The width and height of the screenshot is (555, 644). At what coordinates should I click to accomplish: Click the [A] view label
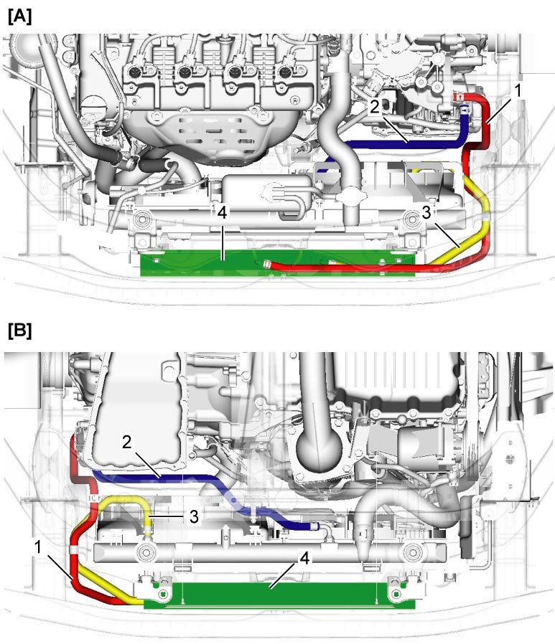point(19,16)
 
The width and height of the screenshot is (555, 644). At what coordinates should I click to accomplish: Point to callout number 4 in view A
point(223,212)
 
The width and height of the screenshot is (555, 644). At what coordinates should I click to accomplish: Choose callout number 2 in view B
point(126,442)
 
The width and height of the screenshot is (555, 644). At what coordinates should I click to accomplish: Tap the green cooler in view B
point(287,594)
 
